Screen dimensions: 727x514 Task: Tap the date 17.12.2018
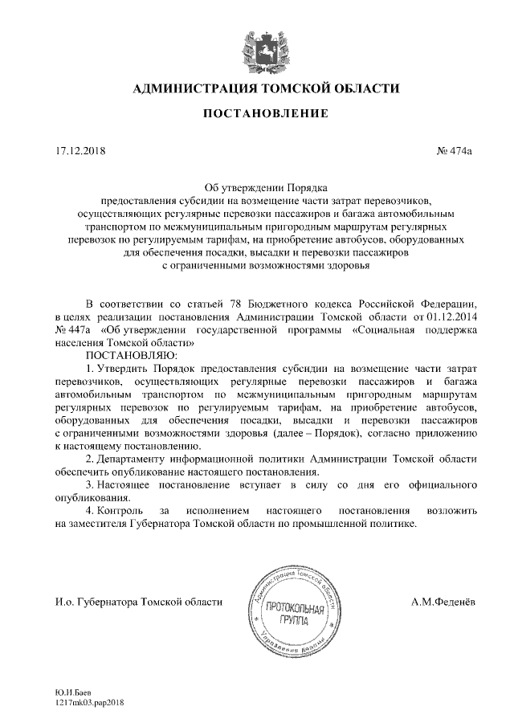click(80, 150)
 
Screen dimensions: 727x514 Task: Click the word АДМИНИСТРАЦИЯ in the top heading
click(188, 87)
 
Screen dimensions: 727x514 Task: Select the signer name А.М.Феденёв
click(443, 601)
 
